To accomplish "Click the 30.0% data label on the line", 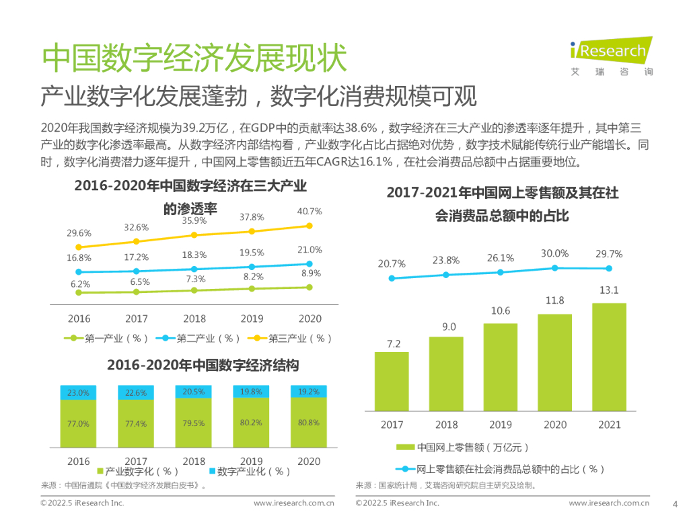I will pyautogui.click(x=555, y=253).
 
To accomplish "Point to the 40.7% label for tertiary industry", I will pyautogui.click(x=310, y=211).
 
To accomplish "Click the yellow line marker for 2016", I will pyautogui.click(x=79, y=247).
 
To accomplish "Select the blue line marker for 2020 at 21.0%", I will pyautogui.click(x=310, y=264).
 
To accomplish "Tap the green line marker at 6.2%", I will pyautogui.click(x=79, y=292).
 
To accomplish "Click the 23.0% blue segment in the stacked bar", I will pyautogui.click(x=79, y=392).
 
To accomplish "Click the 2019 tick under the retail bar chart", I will pyautogui.click(x=500, y=425).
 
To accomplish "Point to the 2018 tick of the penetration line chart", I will pyautogui.click(x=194, y=318).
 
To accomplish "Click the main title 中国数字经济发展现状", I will pyautogui.click(x=194, y=59).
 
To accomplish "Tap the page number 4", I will pyautogui.click(x=675, y=503).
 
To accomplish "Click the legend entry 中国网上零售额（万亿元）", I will pyautogui.click(x=464, y=447).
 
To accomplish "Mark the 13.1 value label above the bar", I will pyautogui.click(x=609, y=290).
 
